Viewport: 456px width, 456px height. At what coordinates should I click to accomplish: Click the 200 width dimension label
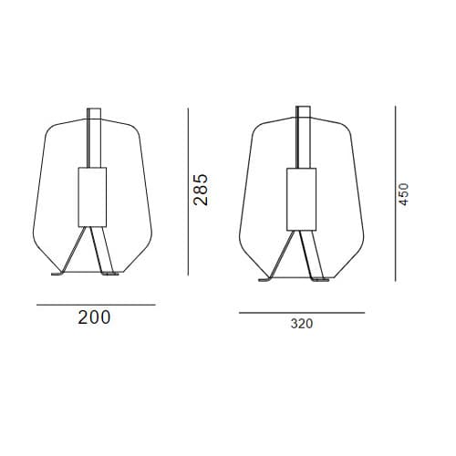pos(94,317)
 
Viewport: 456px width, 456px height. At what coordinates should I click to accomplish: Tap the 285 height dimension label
pos(201,190)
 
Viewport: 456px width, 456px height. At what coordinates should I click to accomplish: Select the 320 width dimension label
pos(302,324)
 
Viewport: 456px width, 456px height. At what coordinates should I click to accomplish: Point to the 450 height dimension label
pos(403,194)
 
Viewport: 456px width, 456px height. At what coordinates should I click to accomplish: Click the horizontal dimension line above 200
pos(96,305)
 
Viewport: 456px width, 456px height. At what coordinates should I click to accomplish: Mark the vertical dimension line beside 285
pos(188,192)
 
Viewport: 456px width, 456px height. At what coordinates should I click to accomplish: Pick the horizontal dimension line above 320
pos(302,313)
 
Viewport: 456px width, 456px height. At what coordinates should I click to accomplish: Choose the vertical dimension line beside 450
pos(396,193)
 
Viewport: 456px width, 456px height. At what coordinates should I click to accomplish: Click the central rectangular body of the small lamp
pos(92,197)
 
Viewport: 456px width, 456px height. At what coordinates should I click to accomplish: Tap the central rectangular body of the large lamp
pos(301,199)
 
